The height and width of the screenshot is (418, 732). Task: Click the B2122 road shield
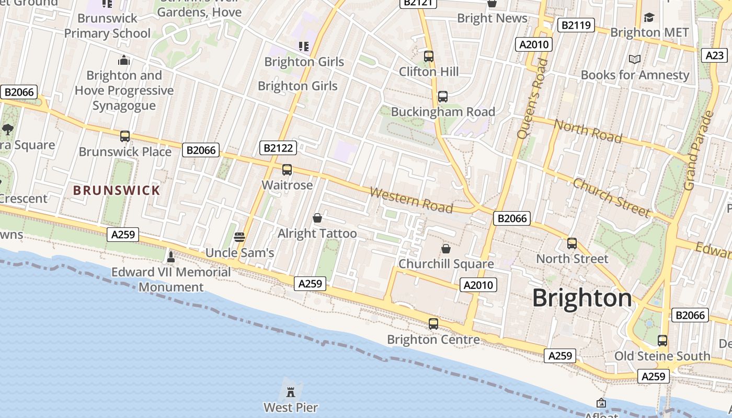click(278, 148)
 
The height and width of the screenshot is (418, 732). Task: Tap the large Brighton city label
click(582, 298)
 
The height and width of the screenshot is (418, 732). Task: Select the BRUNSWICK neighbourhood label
click(117, 190)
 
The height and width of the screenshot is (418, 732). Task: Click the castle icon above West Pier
click(291, 391)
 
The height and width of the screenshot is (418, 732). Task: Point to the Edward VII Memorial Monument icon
click(170, 257)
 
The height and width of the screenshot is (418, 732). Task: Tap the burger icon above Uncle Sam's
click(239, 237)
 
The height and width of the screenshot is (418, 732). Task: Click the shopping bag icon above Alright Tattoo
click(317, 217)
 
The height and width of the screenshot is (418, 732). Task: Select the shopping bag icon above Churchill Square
click(446, 249)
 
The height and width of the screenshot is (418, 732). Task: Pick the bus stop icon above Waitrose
click(287, 169)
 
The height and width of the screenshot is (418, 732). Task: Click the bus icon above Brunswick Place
click(125, 136)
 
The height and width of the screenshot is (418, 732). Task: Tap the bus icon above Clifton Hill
click(429, 56)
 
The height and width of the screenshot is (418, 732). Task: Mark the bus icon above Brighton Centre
click(433, 324)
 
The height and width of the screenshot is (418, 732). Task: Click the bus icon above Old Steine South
click(662, 341)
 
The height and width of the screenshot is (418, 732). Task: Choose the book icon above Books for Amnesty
click(635, 60)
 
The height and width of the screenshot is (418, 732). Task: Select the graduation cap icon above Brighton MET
click(649, 17)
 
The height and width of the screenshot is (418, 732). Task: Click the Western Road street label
click(411, 200)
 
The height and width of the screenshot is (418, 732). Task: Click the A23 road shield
click(714, 55)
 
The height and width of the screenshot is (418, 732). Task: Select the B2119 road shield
click(576, 25)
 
